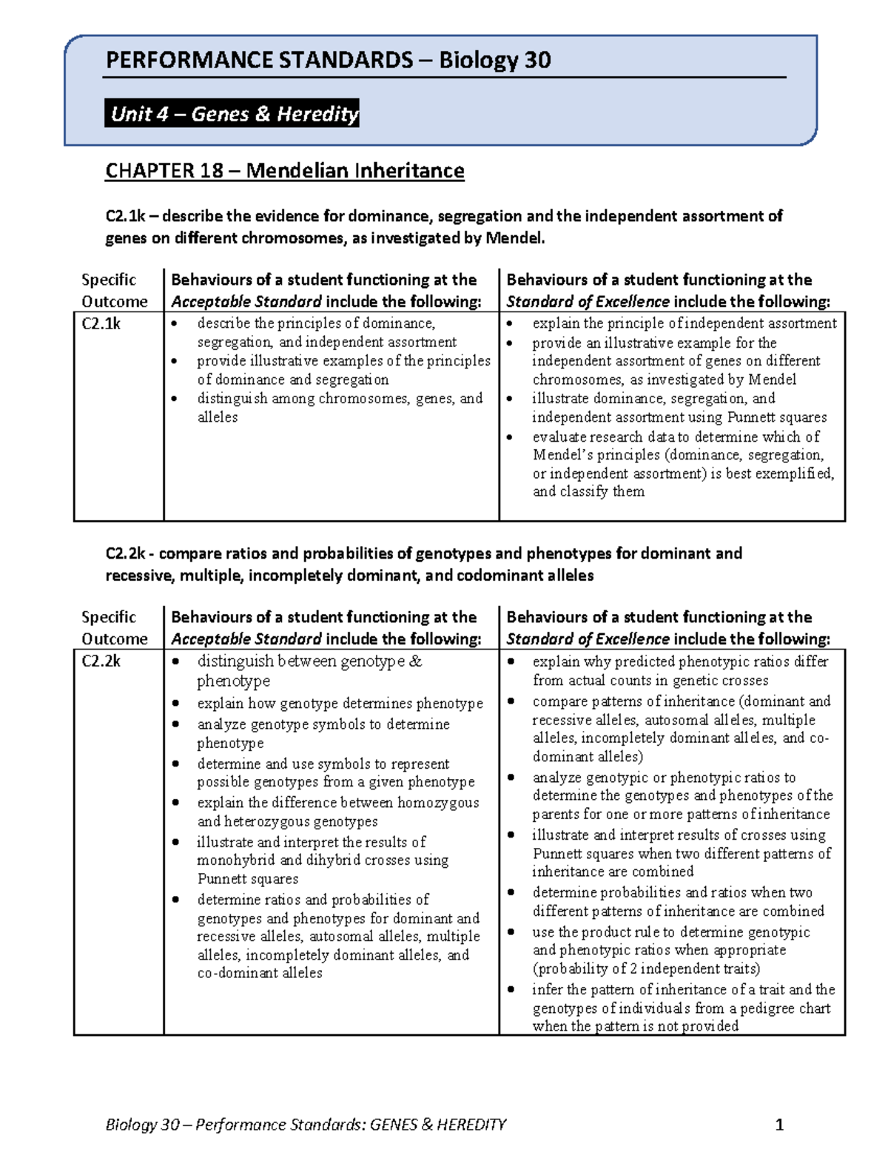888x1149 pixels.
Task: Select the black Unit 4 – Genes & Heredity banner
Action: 232,114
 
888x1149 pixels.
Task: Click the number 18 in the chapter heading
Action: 211,171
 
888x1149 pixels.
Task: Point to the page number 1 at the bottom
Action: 778,1125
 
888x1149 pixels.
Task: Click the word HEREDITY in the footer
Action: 471,1125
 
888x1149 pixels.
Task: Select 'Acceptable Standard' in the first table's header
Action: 246,302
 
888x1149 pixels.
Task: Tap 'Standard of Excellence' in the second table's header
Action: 588,639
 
